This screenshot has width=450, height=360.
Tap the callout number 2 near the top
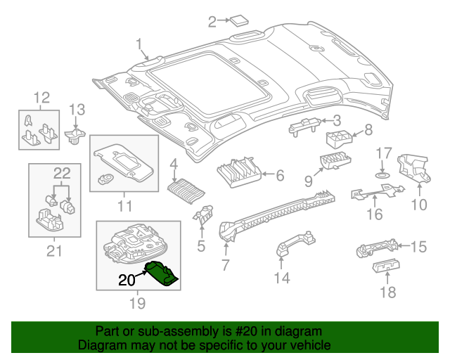(212, 22)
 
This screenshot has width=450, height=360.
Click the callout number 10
(419, 205)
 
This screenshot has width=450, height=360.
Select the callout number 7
(225, 265)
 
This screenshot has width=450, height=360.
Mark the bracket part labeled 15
(377, 248)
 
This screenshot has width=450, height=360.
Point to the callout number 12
(42, 97)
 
